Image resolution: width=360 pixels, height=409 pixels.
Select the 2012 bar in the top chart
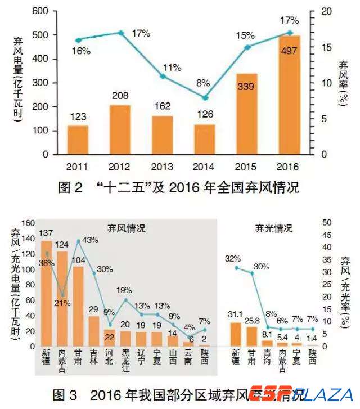pos(120,130)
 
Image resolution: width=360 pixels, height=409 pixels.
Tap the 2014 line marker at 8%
pos(205,98)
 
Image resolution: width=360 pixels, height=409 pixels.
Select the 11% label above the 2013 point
pos(172,68)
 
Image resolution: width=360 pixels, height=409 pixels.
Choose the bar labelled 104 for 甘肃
pos(78,306)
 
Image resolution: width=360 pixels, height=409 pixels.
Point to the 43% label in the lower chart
pos(90,240)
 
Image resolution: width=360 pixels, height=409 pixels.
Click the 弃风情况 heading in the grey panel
pos(126,228)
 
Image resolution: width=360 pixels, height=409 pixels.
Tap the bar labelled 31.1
pos(236,334)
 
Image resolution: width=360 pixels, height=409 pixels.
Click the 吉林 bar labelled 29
pos(94,331)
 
